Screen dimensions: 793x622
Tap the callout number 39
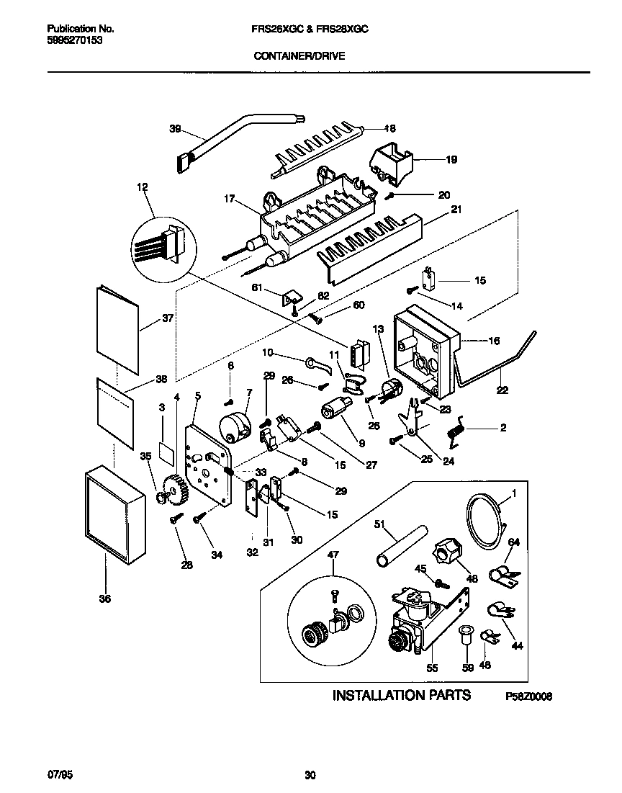pyautogui.click(x=175, y=129)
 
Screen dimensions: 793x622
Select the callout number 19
pyautogui.click(x=451, y=160)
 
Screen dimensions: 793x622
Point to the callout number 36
pyautogui.click(x=107, y=597)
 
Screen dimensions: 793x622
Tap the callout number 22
pyautogui.click(x=502, y=390)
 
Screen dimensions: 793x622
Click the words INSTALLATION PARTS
pyautogui.click(x=401, y=695)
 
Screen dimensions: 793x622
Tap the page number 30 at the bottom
pyautogui.click(x=310, y=775)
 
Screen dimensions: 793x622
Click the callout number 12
pyautogui.click(x=142, y=187)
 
